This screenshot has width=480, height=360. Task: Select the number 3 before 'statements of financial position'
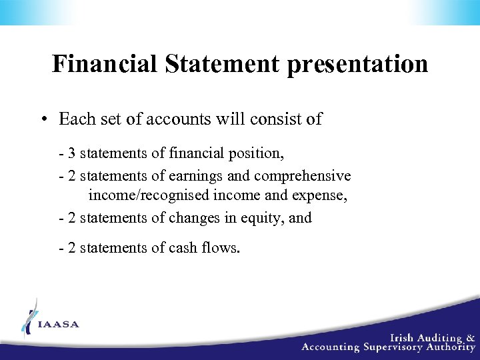coord(71,153)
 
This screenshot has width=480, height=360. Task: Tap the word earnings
coord(193,175)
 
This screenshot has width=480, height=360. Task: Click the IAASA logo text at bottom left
coord(59,325)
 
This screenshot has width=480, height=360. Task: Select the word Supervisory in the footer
coord(397,347)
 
